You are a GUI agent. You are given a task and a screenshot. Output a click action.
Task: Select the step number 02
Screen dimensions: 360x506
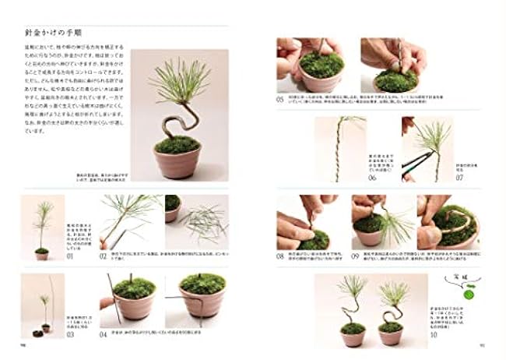click(103, 255)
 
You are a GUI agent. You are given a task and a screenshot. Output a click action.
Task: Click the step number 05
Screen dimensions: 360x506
click(281, 99)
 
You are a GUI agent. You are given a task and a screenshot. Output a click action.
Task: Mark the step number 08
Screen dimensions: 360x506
click(281, 256)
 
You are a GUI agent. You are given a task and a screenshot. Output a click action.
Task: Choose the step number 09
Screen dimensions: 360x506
click(355, 256)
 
